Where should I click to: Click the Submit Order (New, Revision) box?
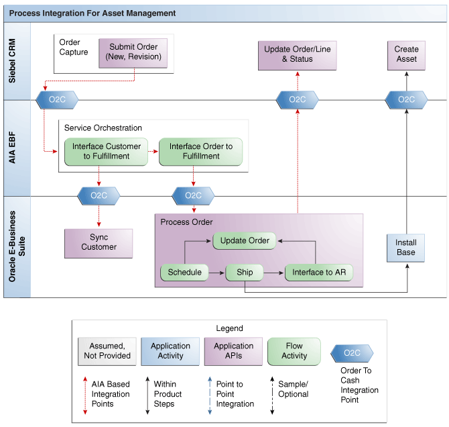133,53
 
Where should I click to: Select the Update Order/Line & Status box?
298,55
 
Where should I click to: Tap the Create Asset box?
406,55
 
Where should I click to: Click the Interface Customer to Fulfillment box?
107,152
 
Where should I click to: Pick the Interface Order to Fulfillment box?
201,152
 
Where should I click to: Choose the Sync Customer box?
99,243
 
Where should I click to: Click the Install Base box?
405,248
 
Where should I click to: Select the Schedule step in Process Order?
184,273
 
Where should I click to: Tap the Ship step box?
245,273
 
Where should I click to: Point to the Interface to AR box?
319,273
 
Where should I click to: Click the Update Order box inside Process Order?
245,241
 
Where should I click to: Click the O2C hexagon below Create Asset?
406,100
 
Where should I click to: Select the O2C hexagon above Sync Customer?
99,196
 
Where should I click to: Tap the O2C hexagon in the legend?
352,353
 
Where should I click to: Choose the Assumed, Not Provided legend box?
107,351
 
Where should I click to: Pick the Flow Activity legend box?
294,351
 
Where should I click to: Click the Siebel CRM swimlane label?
12,61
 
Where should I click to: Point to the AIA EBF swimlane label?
12,148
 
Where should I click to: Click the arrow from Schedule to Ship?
216,273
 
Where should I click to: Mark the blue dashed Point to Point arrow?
210,395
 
